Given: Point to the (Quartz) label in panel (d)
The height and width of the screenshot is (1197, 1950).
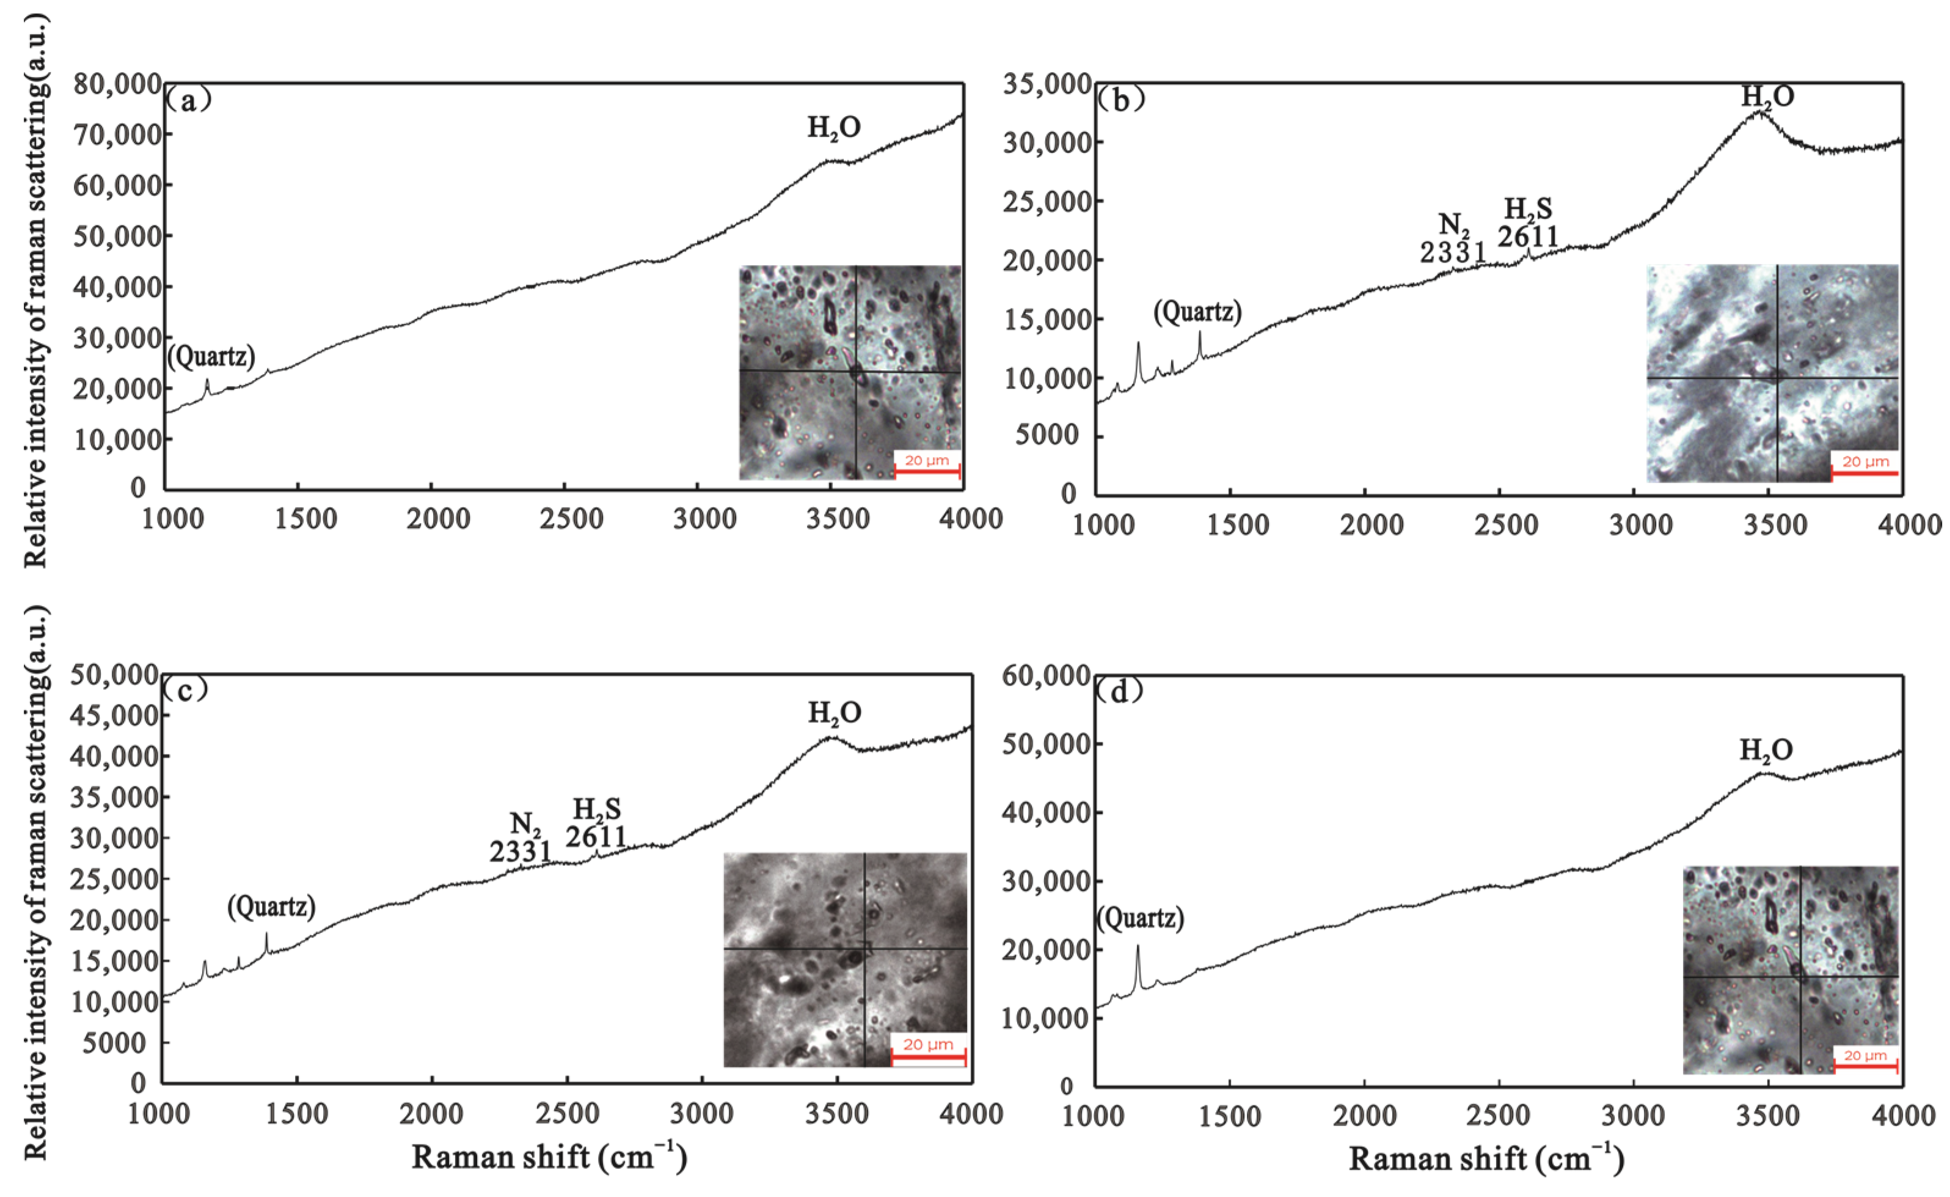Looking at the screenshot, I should [x=1139, y=918].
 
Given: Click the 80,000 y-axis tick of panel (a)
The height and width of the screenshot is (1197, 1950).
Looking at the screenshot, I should [x=117, y=83].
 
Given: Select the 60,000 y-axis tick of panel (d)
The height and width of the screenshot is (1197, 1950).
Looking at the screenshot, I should [x=1046, y=675].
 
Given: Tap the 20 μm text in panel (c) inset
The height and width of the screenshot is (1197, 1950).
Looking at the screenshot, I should [x=927, y=1044].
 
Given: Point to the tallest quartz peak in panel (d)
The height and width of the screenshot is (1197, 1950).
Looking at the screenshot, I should [x=1138, y=947].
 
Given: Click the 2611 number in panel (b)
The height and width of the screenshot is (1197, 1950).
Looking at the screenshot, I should [x=1527, y=236].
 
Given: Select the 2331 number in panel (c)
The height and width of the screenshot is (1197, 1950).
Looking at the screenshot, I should [x=520, y=852].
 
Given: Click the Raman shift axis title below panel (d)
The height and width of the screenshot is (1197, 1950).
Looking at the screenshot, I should [x=1486, y=1159].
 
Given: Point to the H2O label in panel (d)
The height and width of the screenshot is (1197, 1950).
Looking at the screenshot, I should [x=1766, y=750].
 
